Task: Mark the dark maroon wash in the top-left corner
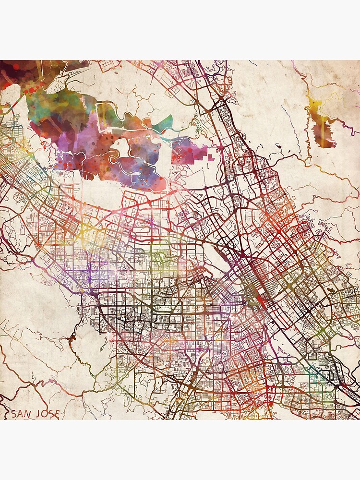(x=14, y=72)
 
